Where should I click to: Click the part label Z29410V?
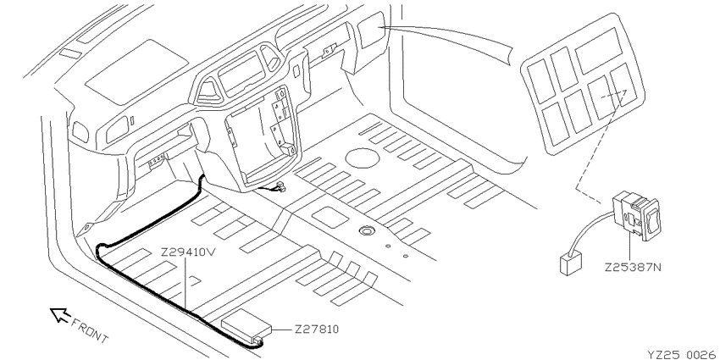click(x=188, y=252)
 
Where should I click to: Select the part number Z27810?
click(x=317, y=330)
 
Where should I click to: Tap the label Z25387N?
click(x=633, y=267)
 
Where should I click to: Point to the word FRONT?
click(x=90, y=330)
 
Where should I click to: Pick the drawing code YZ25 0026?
click(x=681, y=354)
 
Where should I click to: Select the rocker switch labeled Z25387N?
click(x=637, y=214)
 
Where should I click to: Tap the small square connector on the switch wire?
click(x=571, y=264)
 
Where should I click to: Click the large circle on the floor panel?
click(x=363, y=158)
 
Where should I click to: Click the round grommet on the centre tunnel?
click(x=366, y=230)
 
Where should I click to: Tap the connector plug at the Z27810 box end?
click(x=259, y=341)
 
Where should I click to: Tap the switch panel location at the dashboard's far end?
click(x=372, y=30)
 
